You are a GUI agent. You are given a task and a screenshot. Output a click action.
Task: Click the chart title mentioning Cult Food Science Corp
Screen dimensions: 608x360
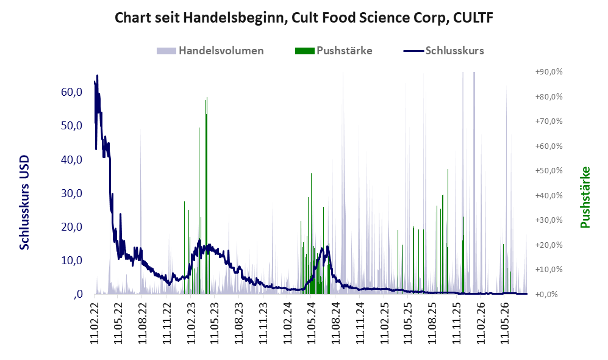pos(304,18)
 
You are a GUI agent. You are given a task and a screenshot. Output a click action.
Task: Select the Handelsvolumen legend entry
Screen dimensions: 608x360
pos(210,51)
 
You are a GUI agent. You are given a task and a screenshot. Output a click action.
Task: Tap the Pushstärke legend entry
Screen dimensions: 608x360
pos(334,51)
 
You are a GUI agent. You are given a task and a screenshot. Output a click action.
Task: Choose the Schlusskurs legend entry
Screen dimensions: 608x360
pos(443,51)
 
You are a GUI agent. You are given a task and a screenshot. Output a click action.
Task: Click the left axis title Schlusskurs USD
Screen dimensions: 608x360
pos(24,203)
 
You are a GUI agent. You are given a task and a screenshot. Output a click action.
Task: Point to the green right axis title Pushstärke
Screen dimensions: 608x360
pos(585,197)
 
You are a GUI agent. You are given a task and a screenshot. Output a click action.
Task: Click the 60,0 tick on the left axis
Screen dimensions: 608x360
pos(72,92)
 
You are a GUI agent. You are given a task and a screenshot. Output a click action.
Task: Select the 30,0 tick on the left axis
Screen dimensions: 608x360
pos(72,193)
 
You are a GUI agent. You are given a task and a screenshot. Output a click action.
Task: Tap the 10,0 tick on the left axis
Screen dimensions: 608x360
pos(72,261)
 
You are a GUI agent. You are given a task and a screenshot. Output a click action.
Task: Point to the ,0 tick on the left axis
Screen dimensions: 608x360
pos(78,294)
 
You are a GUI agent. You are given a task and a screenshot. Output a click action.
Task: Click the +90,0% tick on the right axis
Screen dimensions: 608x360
pos(549,72)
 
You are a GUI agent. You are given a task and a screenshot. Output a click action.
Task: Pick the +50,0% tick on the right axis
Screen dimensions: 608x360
pos(549,171)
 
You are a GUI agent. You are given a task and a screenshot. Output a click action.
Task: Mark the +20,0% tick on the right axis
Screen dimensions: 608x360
pos(549,245)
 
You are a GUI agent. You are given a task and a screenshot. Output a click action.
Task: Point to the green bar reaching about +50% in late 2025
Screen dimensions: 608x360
pos(448,232)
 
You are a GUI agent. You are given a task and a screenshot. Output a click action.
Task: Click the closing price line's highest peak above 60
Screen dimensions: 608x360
pos(97,76)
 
